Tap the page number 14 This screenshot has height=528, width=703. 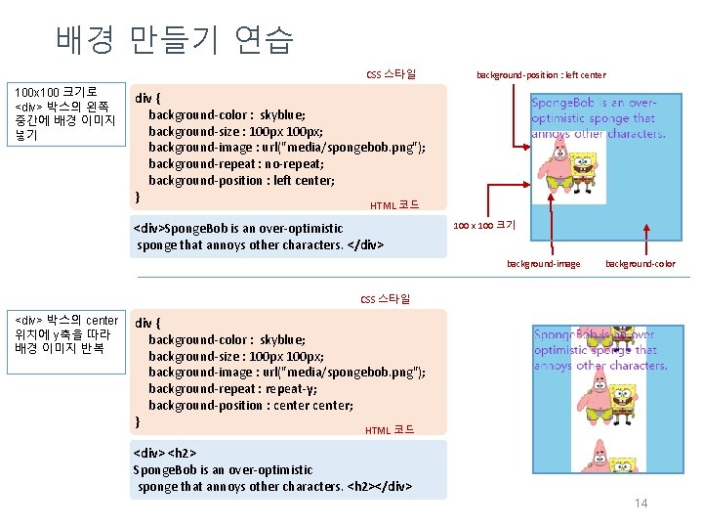click(641, 503)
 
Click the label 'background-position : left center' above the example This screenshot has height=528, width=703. click(540, 75)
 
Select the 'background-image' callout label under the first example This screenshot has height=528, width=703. click(543, 263)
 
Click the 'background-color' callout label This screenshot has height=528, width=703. click(640, 263)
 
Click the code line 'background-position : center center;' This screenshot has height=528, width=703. click(251, 405)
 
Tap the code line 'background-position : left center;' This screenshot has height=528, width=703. click(241, 180)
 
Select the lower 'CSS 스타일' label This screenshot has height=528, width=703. click(386, 298)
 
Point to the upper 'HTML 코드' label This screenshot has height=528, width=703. click(394, 205)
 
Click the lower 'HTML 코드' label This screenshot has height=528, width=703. click(389, 430)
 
